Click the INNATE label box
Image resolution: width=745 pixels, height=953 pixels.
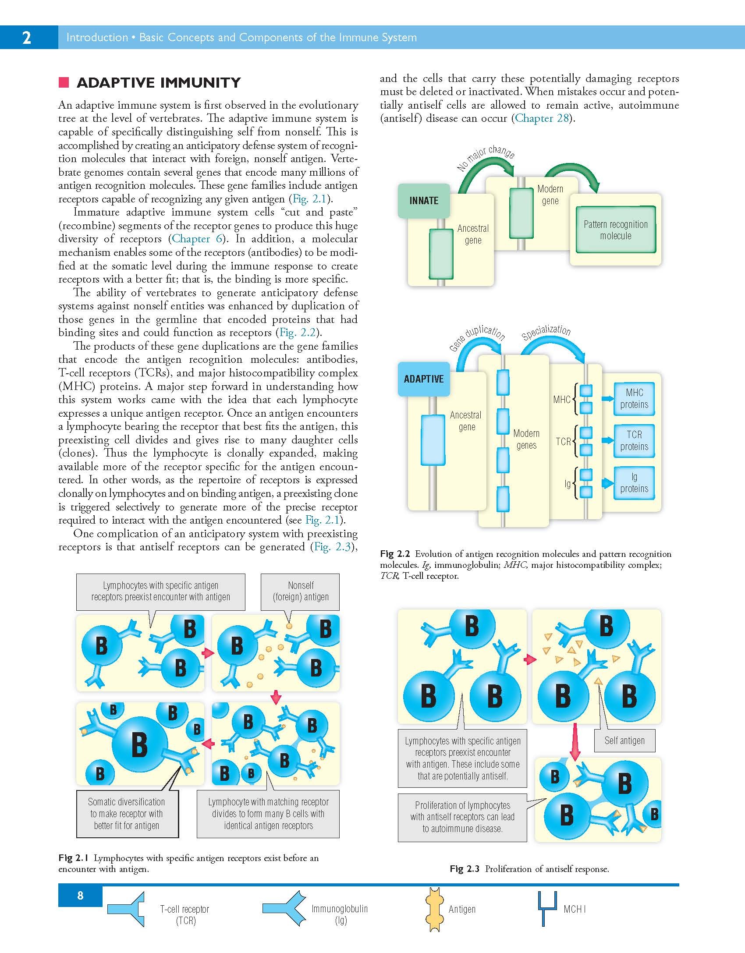click(424, 201)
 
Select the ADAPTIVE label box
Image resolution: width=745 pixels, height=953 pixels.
click(423, 379)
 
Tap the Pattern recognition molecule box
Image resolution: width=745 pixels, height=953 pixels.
click(615, 230)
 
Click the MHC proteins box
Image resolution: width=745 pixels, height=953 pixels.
click(634, 399)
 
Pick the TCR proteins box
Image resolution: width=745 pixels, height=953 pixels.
click(634, 441)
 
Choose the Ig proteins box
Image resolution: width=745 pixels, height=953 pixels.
click(634, 483)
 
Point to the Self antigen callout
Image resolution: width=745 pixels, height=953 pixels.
click(624, 740)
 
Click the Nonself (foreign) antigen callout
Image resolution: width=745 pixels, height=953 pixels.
click(301, 591)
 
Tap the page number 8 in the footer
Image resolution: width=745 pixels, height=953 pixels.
click(80, 895)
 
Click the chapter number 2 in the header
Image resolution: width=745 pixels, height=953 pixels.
click(27, 38)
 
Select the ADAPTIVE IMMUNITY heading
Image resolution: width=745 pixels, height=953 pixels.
click(159, 83)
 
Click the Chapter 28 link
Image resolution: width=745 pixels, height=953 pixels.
click(542, 118)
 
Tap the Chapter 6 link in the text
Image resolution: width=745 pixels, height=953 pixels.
click(197, 239)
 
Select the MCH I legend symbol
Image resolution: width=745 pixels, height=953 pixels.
click(547, 908)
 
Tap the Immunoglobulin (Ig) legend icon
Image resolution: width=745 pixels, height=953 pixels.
click(284, 909)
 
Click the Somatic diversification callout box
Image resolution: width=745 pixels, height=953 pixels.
click(127, 814)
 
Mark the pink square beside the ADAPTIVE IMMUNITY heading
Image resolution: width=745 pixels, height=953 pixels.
click(64, 82)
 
